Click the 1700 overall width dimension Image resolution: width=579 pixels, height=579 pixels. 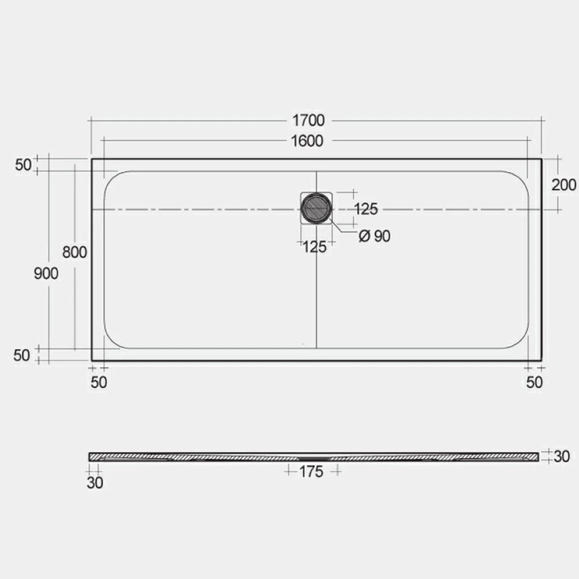pos(308,120)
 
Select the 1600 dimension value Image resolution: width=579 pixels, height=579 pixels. pos(307,141)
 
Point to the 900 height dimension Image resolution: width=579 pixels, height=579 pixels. pos(46,273)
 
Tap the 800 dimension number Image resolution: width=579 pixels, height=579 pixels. pos(75,252)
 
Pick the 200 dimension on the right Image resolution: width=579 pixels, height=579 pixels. pos(563,185)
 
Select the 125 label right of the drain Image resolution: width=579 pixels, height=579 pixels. pos(365,209)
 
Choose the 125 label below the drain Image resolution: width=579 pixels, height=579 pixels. pos(314,247)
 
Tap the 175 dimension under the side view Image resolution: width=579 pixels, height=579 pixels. pos(311,472)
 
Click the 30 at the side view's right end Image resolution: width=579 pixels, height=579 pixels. pos(562,456)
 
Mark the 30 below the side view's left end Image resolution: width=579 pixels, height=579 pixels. pos(94,483)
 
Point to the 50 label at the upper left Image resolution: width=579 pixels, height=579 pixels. pos(23,165)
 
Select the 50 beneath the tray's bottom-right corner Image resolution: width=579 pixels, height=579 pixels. pos(534,382)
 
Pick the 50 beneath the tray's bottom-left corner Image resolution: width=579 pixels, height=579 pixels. pos(99,382)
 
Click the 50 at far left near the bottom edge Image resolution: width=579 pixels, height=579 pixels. pos(21,356)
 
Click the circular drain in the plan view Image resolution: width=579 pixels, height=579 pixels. pos(316,208)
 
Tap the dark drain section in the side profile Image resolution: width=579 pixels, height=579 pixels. pos(313,457)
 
